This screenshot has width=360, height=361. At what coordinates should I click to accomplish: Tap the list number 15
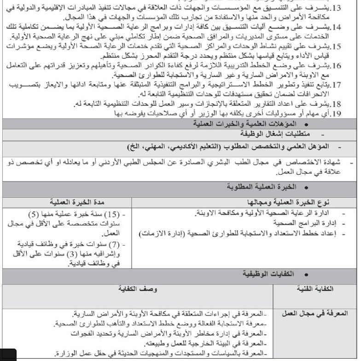pyautogui.click(x=348, y=47)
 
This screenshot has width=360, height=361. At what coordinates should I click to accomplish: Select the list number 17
pyautogui.click(x=348, y=85)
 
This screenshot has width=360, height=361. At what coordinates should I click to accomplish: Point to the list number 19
pyautogui.click(x=348, y=114)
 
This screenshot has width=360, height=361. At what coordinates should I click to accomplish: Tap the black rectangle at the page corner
pyautogui.click(x=8, y=355)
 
